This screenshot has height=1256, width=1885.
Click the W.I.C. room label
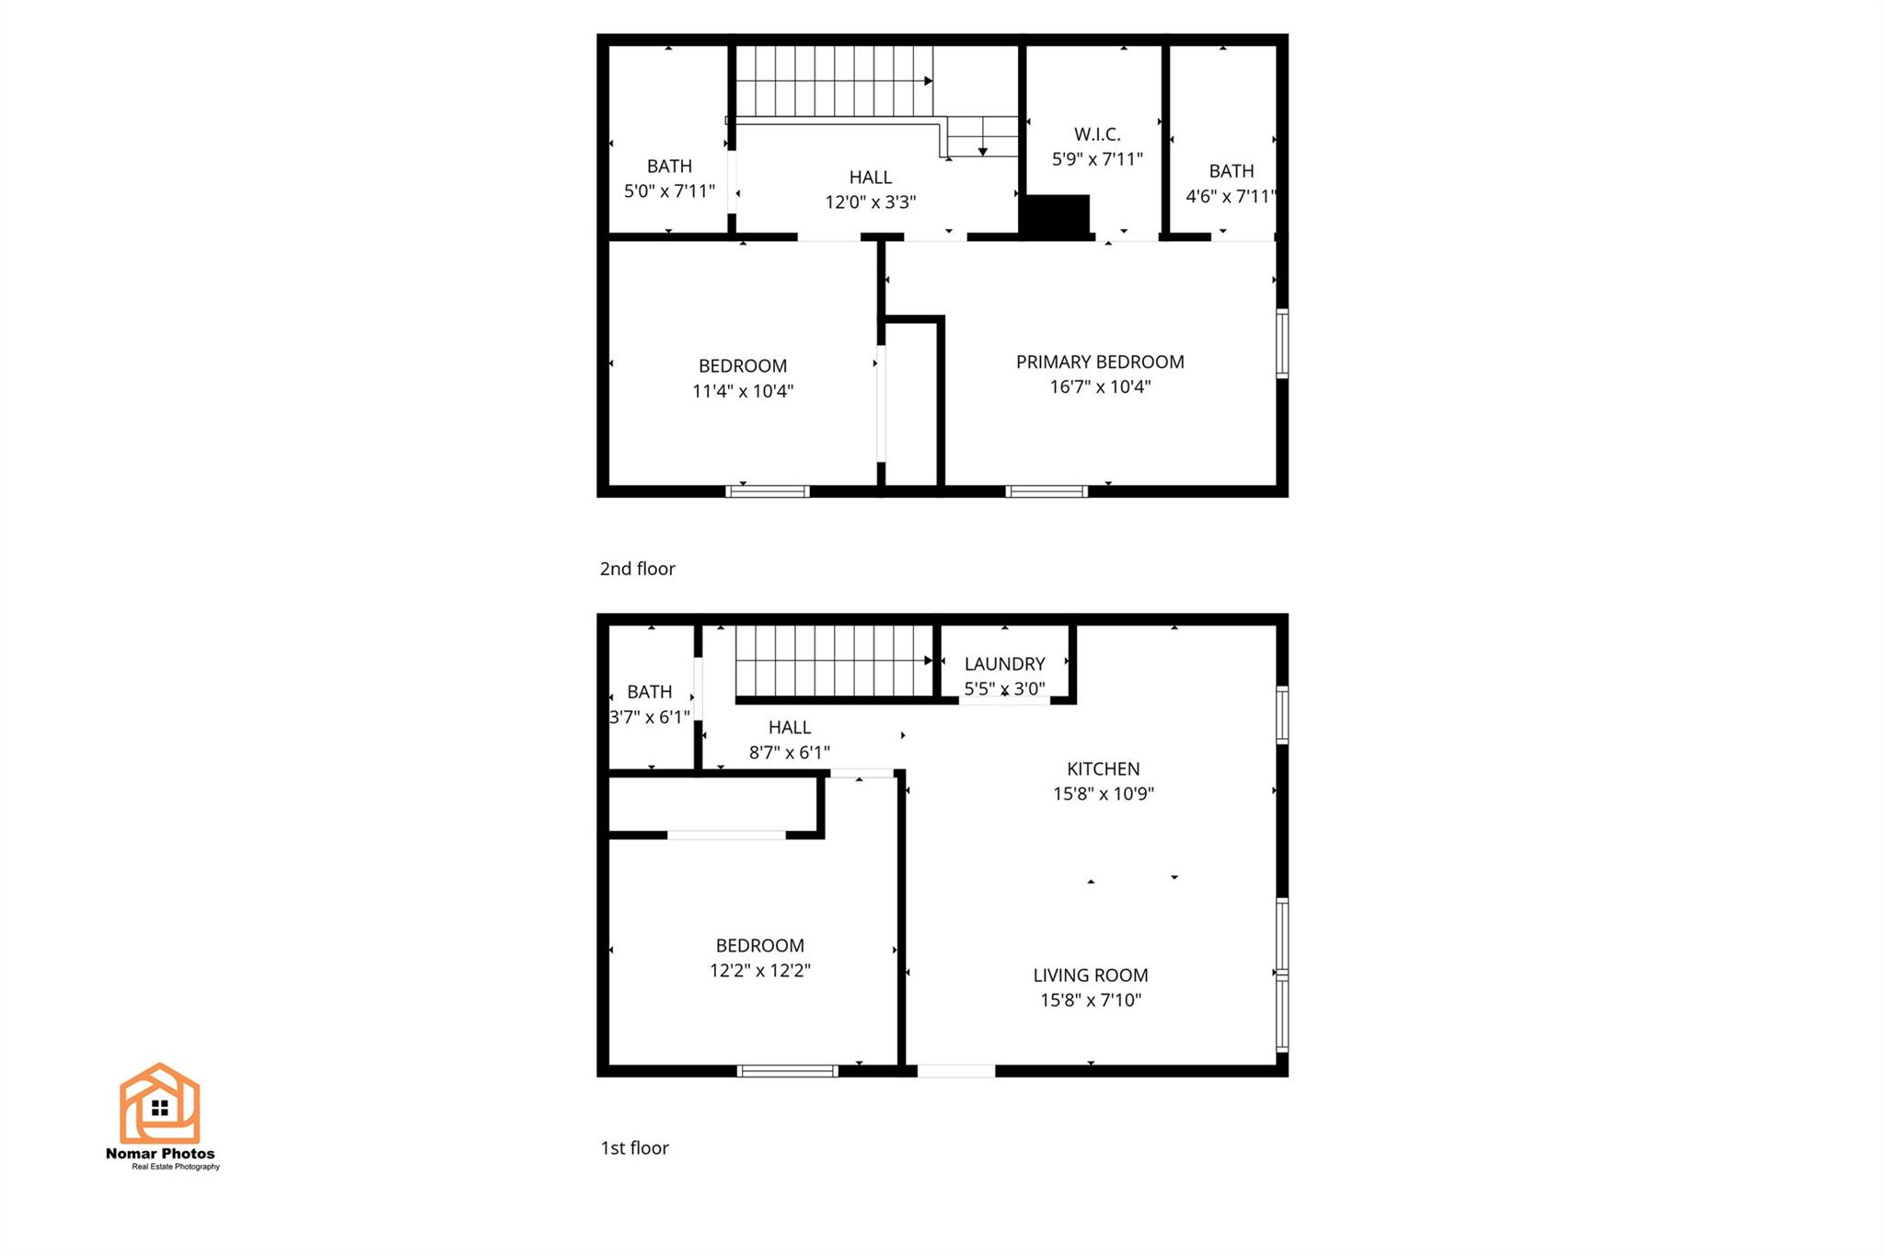click(x=1097, y=134)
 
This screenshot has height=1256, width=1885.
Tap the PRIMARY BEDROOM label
click(x=1100, y=362)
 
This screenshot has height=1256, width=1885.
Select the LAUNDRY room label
click(x=1004, y=663)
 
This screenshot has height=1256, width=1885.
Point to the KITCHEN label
click(x=1103, y=768)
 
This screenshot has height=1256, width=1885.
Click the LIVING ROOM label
click(x=1091, y=974)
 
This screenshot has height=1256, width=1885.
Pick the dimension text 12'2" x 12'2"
click(x=760, y=970)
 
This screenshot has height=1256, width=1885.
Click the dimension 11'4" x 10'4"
click(x=743, y=391)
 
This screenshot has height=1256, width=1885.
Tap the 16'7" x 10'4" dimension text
click(x=1100, y=386)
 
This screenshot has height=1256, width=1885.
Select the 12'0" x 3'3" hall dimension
click(x=871, y=202)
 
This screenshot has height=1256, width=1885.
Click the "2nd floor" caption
click(x=638, y=569)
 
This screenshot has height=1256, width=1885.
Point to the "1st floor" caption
click(x=635, y=1147)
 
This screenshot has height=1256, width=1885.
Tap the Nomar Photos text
click(x=160, y=1154)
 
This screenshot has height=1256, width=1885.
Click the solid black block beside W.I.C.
click(x=1055, y=215)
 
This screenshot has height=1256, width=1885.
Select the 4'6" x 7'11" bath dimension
click(x=1231, y=196)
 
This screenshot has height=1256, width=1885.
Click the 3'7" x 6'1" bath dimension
click(x=650, y=717)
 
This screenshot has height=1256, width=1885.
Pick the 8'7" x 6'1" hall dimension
click(x=790, y=753)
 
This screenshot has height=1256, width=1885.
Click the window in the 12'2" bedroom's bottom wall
click(x=788, y=1071)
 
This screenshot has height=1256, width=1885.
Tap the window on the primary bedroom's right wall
click(x=1282, y=344)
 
